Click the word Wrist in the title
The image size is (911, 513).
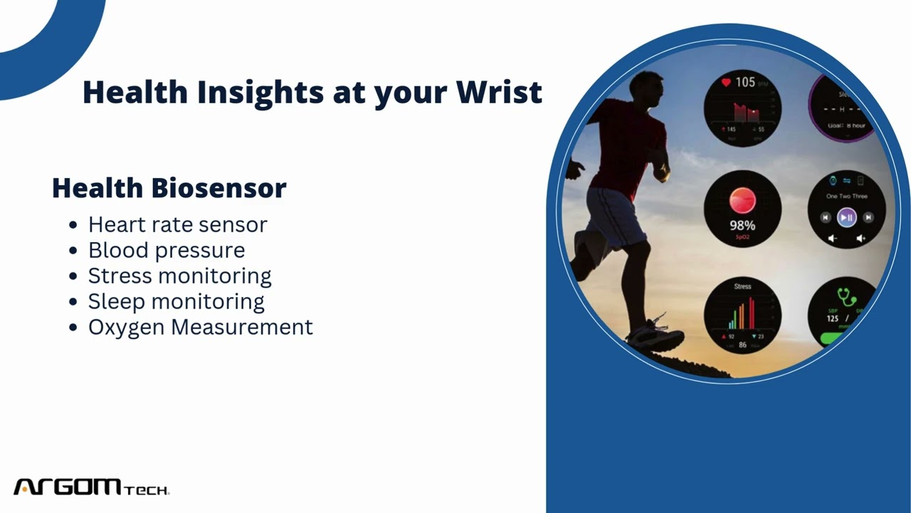[499, 93]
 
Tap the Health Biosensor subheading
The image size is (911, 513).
[169, 188]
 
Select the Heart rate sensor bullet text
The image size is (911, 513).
[177, 224]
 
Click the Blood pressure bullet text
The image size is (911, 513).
[166, 250]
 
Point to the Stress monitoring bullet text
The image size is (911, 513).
[179, 276]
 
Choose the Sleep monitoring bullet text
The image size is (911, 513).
[176, 301]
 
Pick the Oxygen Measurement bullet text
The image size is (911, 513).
[200, 327]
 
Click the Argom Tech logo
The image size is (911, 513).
[91, 487]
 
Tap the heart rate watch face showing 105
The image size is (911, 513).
[742, 108]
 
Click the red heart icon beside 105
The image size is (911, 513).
[726, 83]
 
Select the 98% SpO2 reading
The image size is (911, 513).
[742, 226]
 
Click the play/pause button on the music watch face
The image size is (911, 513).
[846, 217]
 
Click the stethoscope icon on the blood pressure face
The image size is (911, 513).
[846, 296]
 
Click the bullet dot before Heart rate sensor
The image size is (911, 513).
[73, 225]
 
